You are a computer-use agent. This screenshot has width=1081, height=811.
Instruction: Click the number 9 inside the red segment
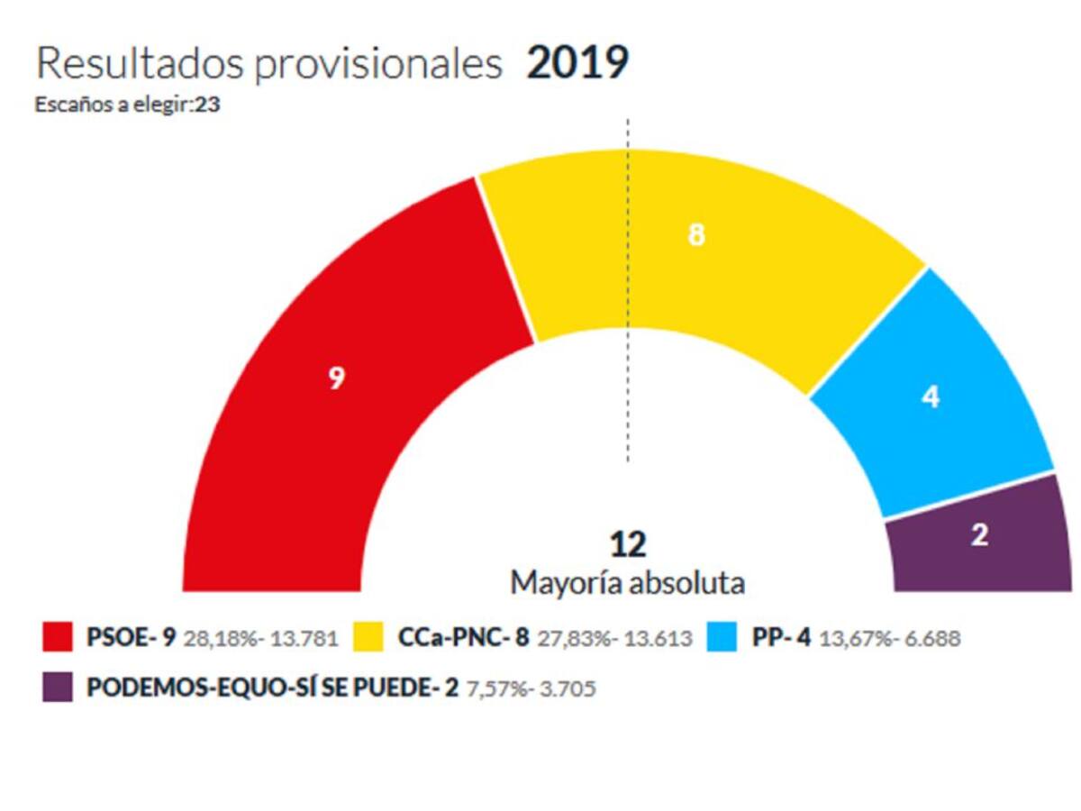click(336, 379)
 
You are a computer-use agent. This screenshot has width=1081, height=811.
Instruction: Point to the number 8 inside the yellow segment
click(695, 234)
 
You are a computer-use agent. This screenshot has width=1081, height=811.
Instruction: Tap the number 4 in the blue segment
click(931, 396)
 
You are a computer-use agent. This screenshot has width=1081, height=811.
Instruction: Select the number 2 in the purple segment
click(980, 535)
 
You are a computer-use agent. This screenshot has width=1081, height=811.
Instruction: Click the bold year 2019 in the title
click(577, 64)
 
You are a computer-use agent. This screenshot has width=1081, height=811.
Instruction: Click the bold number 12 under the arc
click(627, 545)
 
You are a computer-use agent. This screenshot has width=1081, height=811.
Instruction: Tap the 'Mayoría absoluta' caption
click(628, 583)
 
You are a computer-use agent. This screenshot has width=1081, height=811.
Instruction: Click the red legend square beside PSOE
click(58, 638)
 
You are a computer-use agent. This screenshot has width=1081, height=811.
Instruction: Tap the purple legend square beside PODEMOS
click(58, 688)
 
